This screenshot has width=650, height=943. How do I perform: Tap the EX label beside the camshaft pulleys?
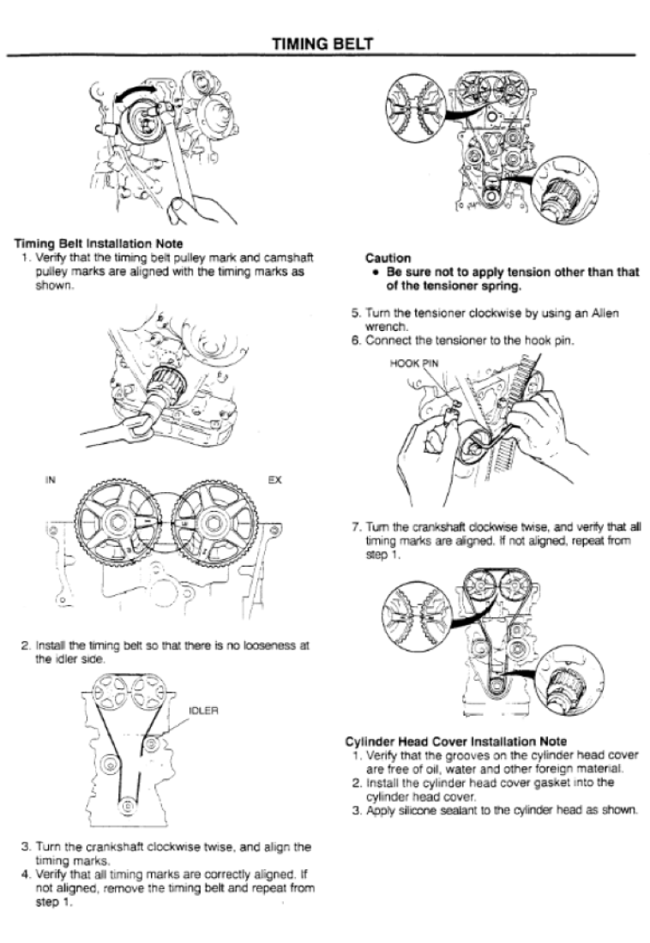(274, 481)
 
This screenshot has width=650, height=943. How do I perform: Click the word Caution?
(386, 256)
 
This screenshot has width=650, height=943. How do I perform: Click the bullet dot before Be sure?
(378, 273)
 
